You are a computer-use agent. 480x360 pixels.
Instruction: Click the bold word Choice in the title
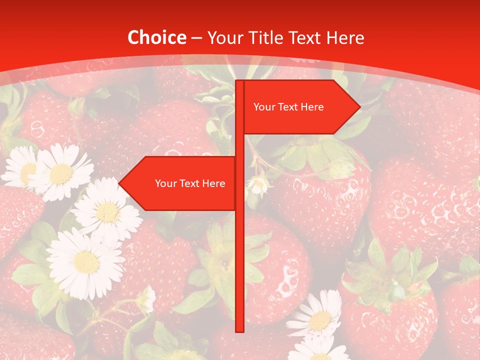pos(156,37)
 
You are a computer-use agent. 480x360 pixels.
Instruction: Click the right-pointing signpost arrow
pos(300,107)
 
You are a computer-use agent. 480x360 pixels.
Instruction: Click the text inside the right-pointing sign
pos(288,107)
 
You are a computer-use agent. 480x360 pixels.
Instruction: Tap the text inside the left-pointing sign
pos(190,183)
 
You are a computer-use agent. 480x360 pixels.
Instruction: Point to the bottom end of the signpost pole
pos(239,330)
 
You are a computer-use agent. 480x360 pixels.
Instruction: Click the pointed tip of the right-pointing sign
pos(359,106)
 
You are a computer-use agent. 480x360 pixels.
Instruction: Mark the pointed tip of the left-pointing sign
pos(119,183)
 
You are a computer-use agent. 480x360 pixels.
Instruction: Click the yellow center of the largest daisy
pos(86,261)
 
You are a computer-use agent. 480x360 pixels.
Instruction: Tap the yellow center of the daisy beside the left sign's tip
pos(107,212)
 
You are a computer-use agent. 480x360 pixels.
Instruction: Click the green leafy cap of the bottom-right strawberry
pos(387,277)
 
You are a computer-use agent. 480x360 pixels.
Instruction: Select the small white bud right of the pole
pos(259,185)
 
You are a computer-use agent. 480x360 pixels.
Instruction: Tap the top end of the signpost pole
pos(239,81)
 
